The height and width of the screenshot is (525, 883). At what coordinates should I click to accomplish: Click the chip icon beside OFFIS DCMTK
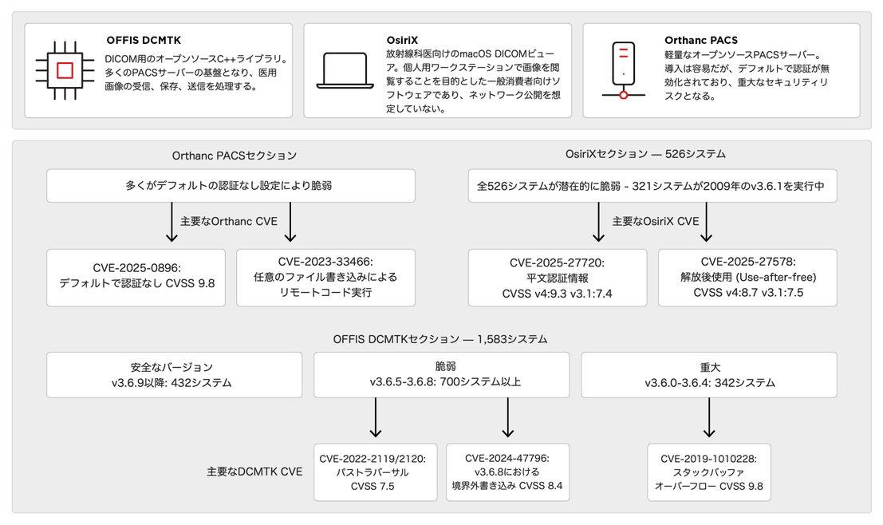tap(65, 70)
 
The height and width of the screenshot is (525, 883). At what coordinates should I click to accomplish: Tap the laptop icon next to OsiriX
tap(345, 71)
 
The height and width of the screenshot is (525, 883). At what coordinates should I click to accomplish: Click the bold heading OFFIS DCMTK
tap(144, 41)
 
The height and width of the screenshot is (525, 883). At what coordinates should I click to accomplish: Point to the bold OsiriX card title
tap(402, 40)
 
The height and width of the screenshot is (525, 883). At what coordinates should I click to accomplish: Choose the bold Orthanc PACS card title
tap(700, 40)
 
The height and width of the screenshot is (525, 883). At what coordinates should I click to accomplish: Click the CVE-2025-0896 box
tap(136, 278)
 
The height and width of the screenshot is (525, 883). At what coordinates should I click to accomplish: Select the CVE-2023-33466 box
tap(325, 278)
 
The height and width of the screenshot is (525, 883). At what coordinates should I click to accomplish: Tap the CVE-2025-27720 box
tap(557, 278)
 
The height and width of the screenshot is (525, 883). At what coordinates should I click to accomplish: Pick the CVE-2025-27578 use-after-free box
tap(747, 278)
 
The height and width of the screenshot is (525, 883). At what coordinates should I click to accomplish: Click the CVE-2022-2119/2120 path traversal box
tap(375, 472)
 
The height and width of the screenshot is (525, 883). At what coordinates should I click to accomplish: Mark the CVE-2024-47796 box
tap(507, 472)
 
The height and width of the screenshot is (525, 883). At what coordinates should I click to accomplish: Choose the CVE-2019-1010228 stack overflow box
tap(709, 472)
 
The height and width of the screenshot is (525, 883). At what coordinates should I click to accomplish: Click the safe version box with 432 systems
tap(174, 375)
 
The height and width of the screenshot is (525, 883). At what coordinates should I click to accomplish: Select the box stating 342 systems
tap(709, 375)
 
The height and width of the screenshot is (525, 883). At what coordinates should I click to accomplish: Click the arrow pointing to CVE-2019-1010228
tap(709, 417)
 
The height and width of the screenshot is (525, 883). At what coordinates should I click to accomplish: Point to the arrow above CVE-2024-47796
tap(507, 417)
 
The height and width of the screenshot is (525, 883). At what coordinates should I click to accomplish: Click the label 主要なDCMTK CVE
tap(254, 472)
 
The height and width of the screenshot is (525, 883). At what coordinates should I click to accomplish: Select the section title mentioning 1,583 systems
tap(440, 339)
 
